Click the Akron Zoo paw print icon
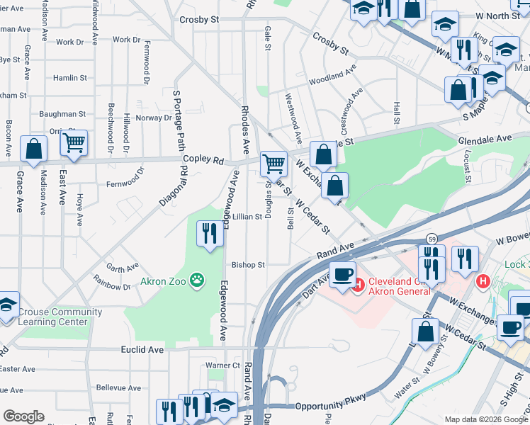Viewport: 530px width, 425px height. (x=197, y=281)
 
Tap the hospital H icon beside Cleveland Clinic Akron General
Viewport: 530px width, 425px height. (x=357, y=285)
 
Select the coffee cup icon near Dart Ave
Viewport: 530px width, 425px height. (x=343, y=274)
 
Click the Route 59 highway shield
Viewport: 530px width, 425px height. (x=431, y=237)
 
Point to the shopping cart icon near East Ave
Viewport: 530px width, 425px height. (x=74, y=143)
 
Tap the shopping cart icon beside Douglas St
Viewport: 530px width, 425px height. (x=274, y=164)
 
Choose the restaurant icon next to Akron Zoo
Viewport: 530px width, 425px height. (x=209, y=234)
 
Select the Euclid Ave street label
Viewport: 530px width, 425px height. (x=142, y=349)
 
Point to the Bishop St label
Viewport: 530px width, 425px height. (x=247, y=265)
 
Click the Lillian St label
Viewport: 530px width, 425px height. (x=247, y=216)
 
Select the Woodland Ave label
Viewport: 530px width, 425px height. (x=332, y=75)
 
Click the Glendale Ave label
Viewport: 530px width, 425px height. (x=484, y=139)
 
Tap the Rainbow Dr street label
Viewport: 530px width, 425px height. (x=112, y=286)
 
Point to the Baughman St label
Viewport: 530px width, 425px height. (x=62, y=113)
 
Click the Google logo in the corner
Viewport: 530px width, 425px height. (x=23, y=416)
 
